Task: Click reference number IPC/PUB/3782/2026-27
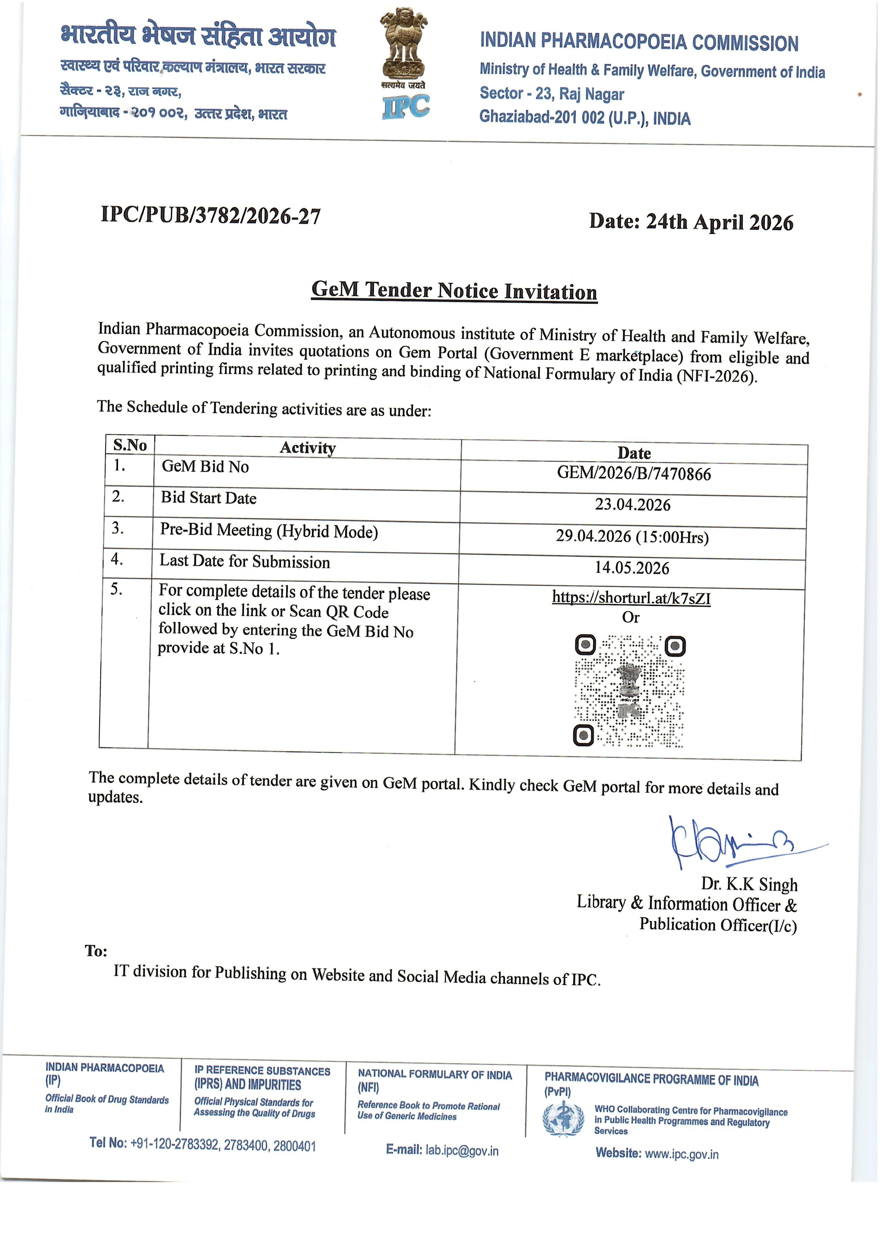click(210, 216)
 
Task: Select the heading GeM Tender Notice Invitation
click(454, 291)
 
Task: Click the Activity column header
click(308, 448)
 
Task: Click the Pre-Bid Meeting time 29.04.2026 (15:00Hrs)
click(632, 536)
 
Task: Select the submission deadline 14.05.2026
click(632, 568)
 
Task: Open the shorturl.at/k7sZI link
click(631, 598)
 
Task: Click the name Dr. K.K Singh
click(749, 884)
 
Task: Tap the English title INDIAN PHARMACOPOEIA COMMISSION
click(639, 42)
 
